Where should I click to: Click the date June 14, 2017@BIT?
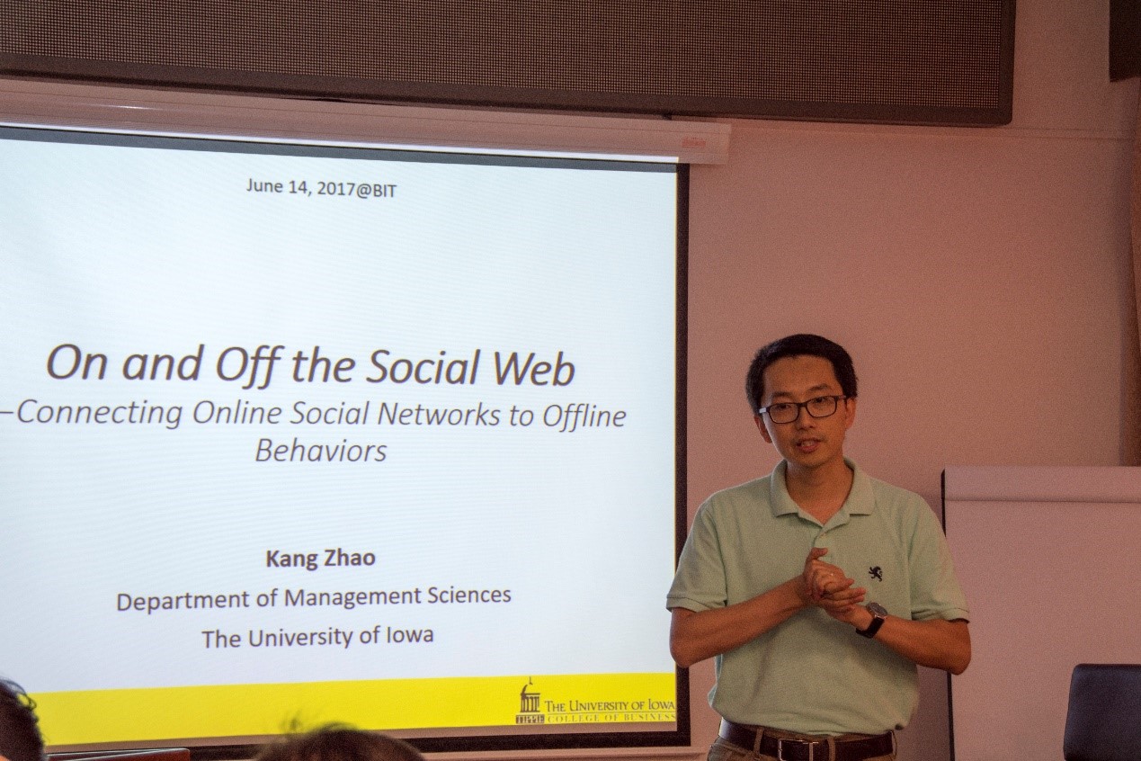tap(321, 188)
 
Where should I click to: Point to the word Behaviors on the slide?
tap(321, 451)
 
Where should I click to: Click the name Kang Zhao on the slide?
tap(321, 558)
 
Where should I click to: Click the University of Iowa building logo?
tap(530, 703)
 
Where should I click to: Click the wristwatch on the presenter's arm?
tap(872, 619)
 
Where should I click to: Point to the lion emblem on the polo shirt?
tap(875, 574)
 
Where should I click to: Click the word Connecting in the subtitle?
tap(99, 414)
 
